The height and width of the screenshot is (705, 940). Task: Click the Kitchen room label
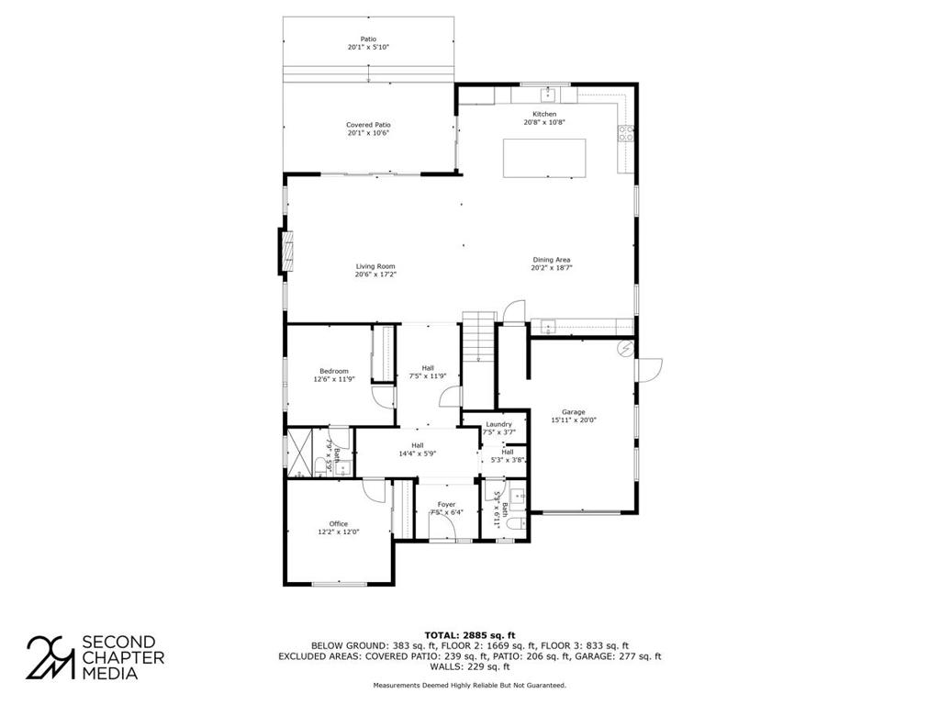(x=544, y=114)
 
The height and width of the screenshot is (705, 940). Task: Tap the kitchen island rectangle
(x=544, y=158)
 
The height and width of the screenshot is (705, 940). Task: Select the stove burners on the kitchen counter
(x=626, y=133)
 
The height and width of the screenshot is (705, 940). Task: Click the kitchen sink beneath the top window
(x=547, y=95)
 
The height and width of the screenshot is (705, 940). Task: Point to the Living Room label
(x=375, y=266)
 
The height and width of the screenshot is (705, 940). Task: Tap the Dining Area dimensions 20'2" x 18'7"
(x=552, y=268)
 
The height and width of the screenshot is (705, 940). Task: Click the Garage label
(x=573, y=412)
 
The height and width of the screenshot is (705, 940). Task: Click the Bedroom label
(x=334, y=371)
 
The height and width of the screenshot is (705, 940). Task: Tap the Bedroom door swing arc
(x=382, y=397)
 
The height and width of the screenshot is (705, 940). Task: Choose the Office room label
(x=338, y=523)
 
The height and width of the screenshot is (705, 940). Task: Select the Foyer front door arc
(x=442, y=527)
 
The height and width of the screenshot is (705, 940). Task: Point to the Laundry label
(x=498, y=424)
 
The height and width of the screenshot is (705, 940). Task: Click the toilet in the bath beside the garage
(x=516, y=525)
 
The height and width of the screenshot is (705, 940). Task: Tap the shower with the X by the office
(x=299, y=452)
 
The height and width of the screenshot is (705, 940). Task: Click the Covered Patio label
(x=368, y=125)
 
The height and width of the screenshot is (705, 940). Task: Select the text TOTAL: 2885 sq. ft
(x=469, y=635)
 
